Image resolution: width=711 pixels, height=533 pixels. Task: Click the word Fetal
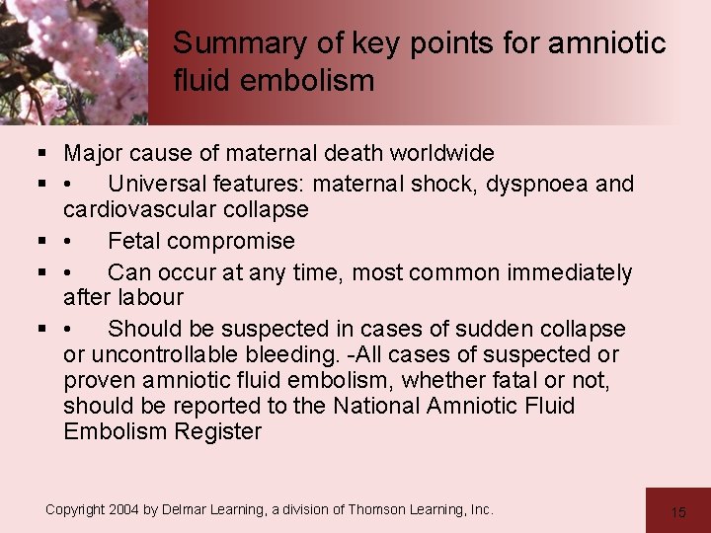click(x=135, y=241)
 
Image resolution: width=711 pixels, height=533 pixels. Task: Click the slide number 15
click(x=678, y=511)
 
